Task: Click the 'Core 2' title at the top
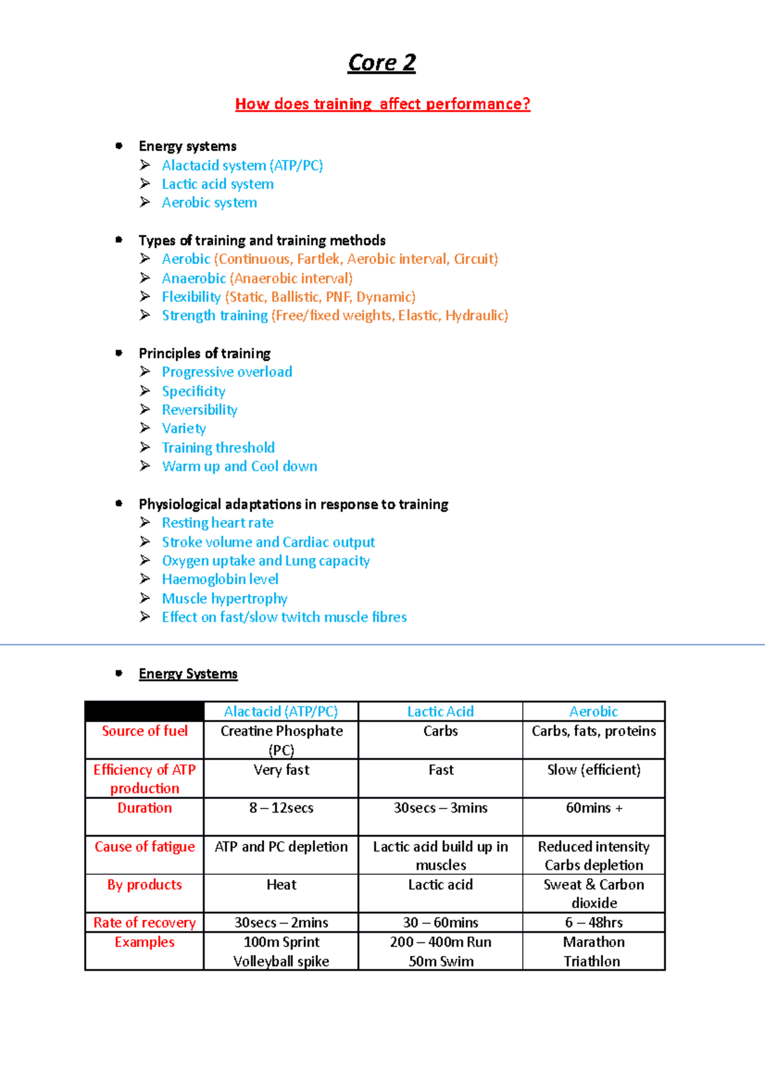point(381,63)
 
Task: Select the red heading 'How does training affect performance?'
point(382,104)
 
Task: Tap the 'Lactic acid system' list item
point(217,184)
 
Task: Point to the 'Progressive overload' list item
point(227,372)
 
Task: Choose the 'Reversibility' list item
point(200,410)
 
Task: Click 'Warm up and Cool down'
point(240,466)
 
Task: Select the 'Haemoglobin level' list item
point(220,579)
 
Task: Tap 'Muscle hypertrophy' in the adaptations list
point(224,598)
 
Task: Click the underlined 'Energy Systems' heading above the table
point(188,674)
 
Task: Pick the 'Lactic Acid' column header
point(441,712)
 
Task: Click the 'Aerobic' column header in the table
point(594,712)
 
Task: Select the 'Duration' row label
point(145,808)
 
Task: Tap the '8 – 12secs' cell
point(281,808)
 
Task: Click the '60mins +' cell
point(594,808)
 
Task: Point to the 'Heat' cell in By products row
point(281,884)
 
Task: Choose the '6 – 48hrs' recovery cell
point(594,923)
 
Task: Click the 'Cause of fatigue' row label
point(145,847)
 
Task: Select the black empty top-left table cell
point(145,711)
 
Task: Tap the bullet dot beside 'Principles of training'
point(119,353)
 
